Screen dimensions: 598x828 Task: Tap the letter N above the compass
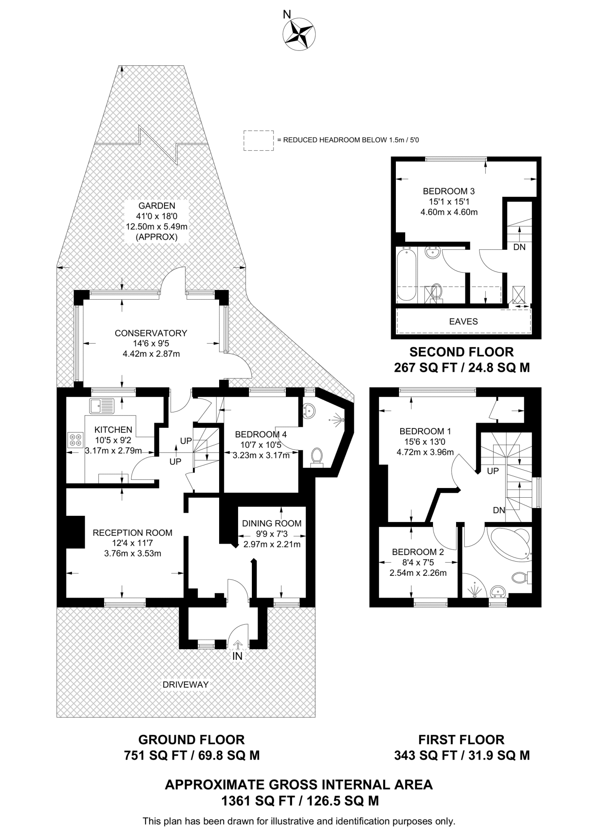(x=287, y=15)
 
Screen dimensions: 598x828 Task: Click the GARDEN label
(x=156, y=206)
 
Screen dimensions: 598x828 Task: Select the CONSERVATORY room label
(x=151, y=333)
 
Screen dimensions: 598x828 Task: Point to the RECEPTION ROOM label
(x=133, y=533)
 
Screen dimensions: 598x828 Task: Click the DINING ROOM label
(x=272, y=524)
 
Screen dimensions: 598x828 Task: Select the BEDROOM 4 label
(x=261, y=435)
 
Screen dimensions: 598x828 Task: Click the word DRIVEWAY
(x=186, y=684)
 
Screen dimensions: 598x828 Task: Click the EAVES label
(x=463, y=321)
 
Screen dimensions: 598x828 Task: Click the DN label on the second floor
(x=519, y=247)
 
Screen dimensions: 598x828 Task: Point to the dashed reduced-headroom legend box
(x=258, y=141)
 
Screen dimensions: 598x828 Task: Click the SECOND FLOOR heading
(x=461, y=352)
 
